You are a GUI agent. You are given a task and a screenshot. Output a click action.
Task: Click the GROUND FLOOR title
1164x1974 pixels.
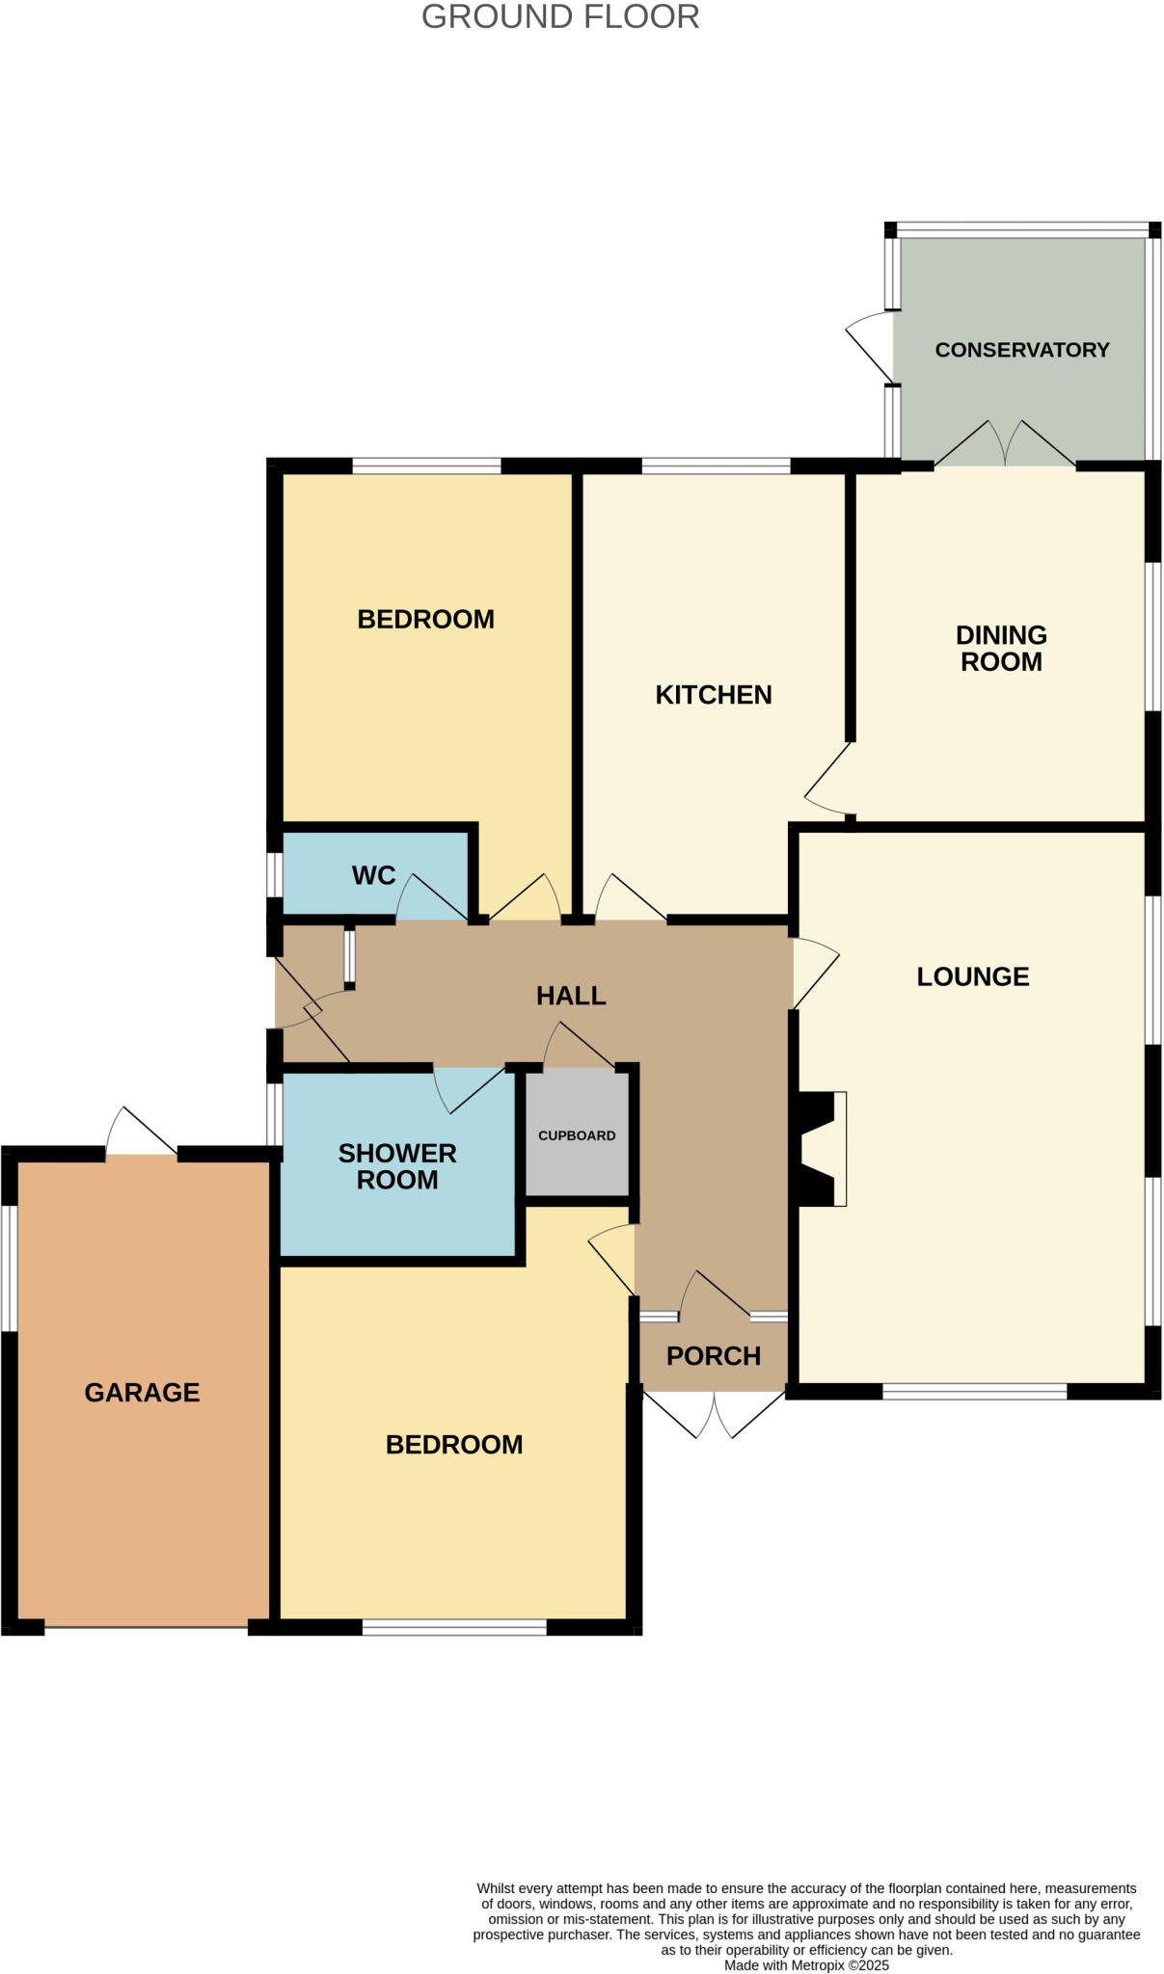(560, 17)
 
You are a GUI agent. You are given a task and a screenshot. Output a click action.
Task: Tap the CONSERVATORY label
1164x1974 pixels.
(1022, 350)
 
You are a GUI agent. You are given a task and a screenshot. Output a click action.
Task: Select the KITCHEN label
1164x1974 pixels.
(714, 695)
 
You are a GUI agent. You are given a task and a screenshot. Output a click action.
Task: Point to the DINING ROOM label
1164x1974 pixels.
(1001, 649)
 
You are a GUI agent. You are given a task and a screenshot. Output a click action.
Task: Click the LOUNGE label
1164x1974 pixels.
(973, 976)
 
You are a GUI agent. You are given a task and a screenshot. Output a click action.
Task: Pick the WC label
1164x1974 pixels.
(373, 875)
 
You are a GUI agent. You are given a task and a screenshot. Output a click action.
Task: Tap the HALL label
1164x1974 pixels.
(571, 996)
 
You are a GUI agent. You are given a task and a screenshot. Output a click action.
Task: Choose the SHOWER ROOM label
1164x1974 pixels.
(397, 1166)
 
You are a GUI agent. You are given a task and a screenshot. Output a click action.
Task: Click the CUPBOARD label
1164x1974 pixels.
(577, 1135)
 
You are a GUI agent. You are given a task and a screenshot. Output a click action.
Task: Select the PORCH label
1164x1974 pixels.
(714, 1356)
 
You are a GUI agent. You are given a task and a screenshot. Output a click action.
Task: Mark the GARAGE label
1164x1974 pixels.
(142, 1392)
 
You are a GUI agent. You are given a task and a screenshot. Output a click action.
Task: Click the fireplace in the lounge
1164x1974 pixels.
(818, 1149)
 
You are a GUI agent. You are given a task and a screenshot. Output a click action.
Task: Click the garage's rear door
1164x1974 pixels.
(141, 1132)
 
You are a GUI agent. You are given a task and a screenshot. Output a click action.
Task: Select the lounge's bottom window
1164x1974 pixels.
(974, 1391)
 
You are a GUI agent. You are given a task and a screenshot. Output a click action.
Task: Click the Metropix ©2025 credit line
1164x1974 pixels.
(806, 1965)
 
